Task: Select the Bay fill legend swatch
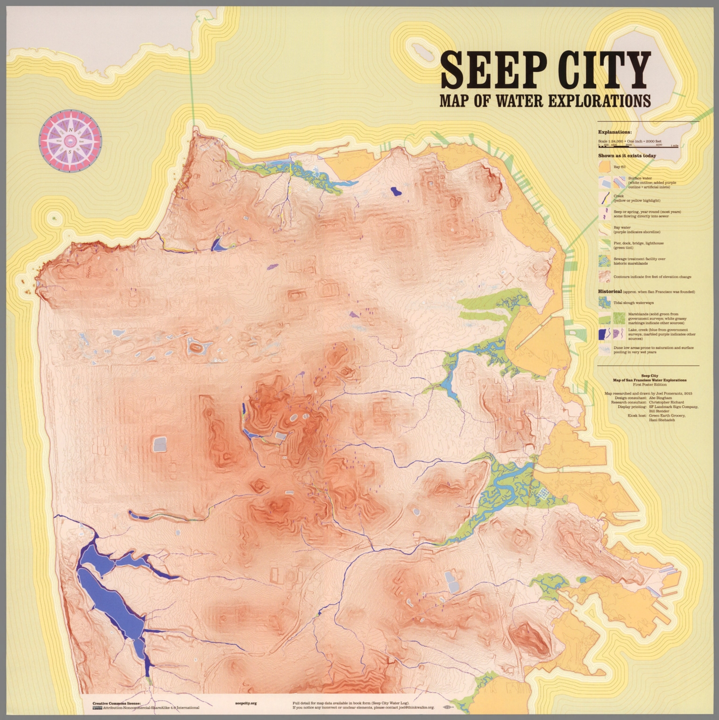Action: pos(604,167)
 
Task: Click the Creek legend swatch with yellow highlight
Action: pos(604,198)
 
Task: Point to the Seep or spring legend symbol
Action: pos(604,214)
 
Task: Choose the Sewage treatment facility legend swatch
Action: pos(604,261)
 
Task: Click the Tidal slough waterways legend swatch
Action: pos(604,303)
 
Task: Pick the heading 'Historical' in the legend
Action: pos(610,292)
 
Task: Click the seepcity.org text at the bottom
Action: pos(245,703)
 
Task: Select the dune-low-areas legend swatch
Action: pos(604,350)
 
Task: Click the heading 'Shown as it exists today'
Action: pos(627,156)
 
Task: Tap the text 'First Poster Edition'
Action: pos(649,384)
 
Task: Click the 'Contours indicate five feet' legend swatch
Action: pos(604,277)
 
